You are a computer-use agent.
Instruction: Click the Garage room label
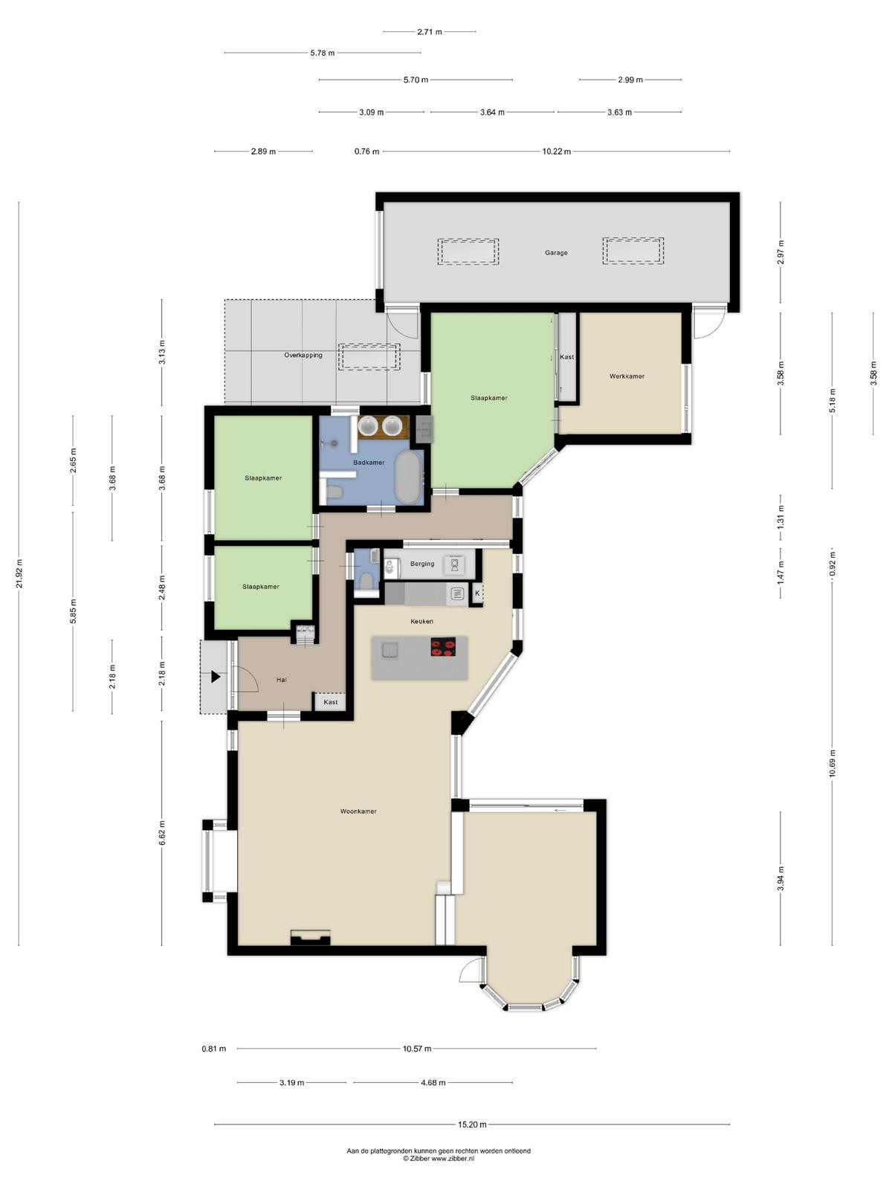click(x=556, y=253)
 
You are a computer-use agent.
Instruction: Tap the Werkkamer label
click(x=627, y=376)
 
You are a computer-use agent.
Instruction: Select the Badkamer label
click(x=369, y=463)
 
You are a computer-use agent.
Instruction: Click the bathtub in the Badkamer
click(x=409, y=477)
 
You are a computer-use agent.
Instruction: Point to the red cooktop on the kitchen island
click(x=443, y=647)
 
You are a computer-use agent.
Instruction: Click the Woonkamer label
click(x=358, y=811)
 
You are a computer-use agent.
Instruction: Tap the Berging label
click(x=422, y=564)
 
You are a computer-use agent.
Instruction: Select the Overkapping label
click(x=303, y=356)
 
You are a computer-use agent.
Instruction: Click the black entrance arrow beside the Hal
click(x=216, y=677)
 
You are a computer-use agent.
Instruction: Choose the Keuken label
click(x=421, y=621)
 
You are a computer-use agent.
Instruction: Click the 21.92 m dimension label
click(x=19, y=573)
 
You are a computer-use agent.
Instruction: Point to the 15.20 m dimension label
click(x=472, y=1125)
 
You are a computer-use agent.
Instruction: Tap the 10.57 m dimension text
click(x=417, y=1049)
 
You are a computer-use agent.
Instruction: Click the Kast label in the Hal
click(x=330, y=702)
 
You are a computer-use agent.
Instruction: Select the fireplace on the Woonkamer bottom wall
click(x=310, y=937)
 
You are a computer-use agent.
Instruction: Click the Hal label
click(x=281, y=680)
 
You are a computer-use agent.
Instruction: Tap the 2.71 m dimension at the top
click(x=430, y=32)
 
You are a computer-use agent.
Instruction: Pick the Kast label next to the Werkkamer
click(x=566, y=357)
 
